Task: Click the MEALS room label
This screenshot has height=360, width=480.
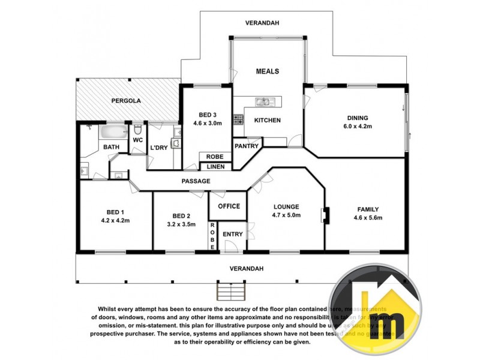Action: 268,71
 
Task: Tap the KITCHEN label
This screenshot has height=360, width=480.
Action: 268,120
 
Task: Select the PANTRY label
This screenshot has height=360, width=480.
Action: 246,146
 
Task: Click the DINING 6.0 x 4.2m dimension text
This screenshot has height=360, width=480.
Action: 357,127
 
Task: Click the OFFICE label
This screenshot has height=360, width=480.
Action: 229,206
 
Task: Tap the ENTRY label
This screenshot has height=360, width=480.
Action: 233,233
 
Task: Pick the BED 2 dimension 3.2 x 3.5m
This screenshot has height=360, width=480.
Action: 181,224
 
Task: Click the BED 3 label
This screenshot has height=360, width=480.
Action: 208,115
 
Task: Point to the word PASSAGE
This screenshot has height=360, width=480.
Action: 196,181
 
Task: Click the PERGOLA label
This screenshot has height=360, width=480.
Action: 126,101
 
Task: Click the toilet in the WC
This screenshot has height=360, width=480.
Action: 138,130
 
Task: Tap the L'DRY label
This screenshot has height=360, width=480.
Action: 158,148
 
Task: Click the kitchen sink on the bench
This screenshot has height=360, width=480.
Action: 262,101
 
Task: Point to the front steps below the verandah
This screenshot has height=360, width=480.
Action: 231,291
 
